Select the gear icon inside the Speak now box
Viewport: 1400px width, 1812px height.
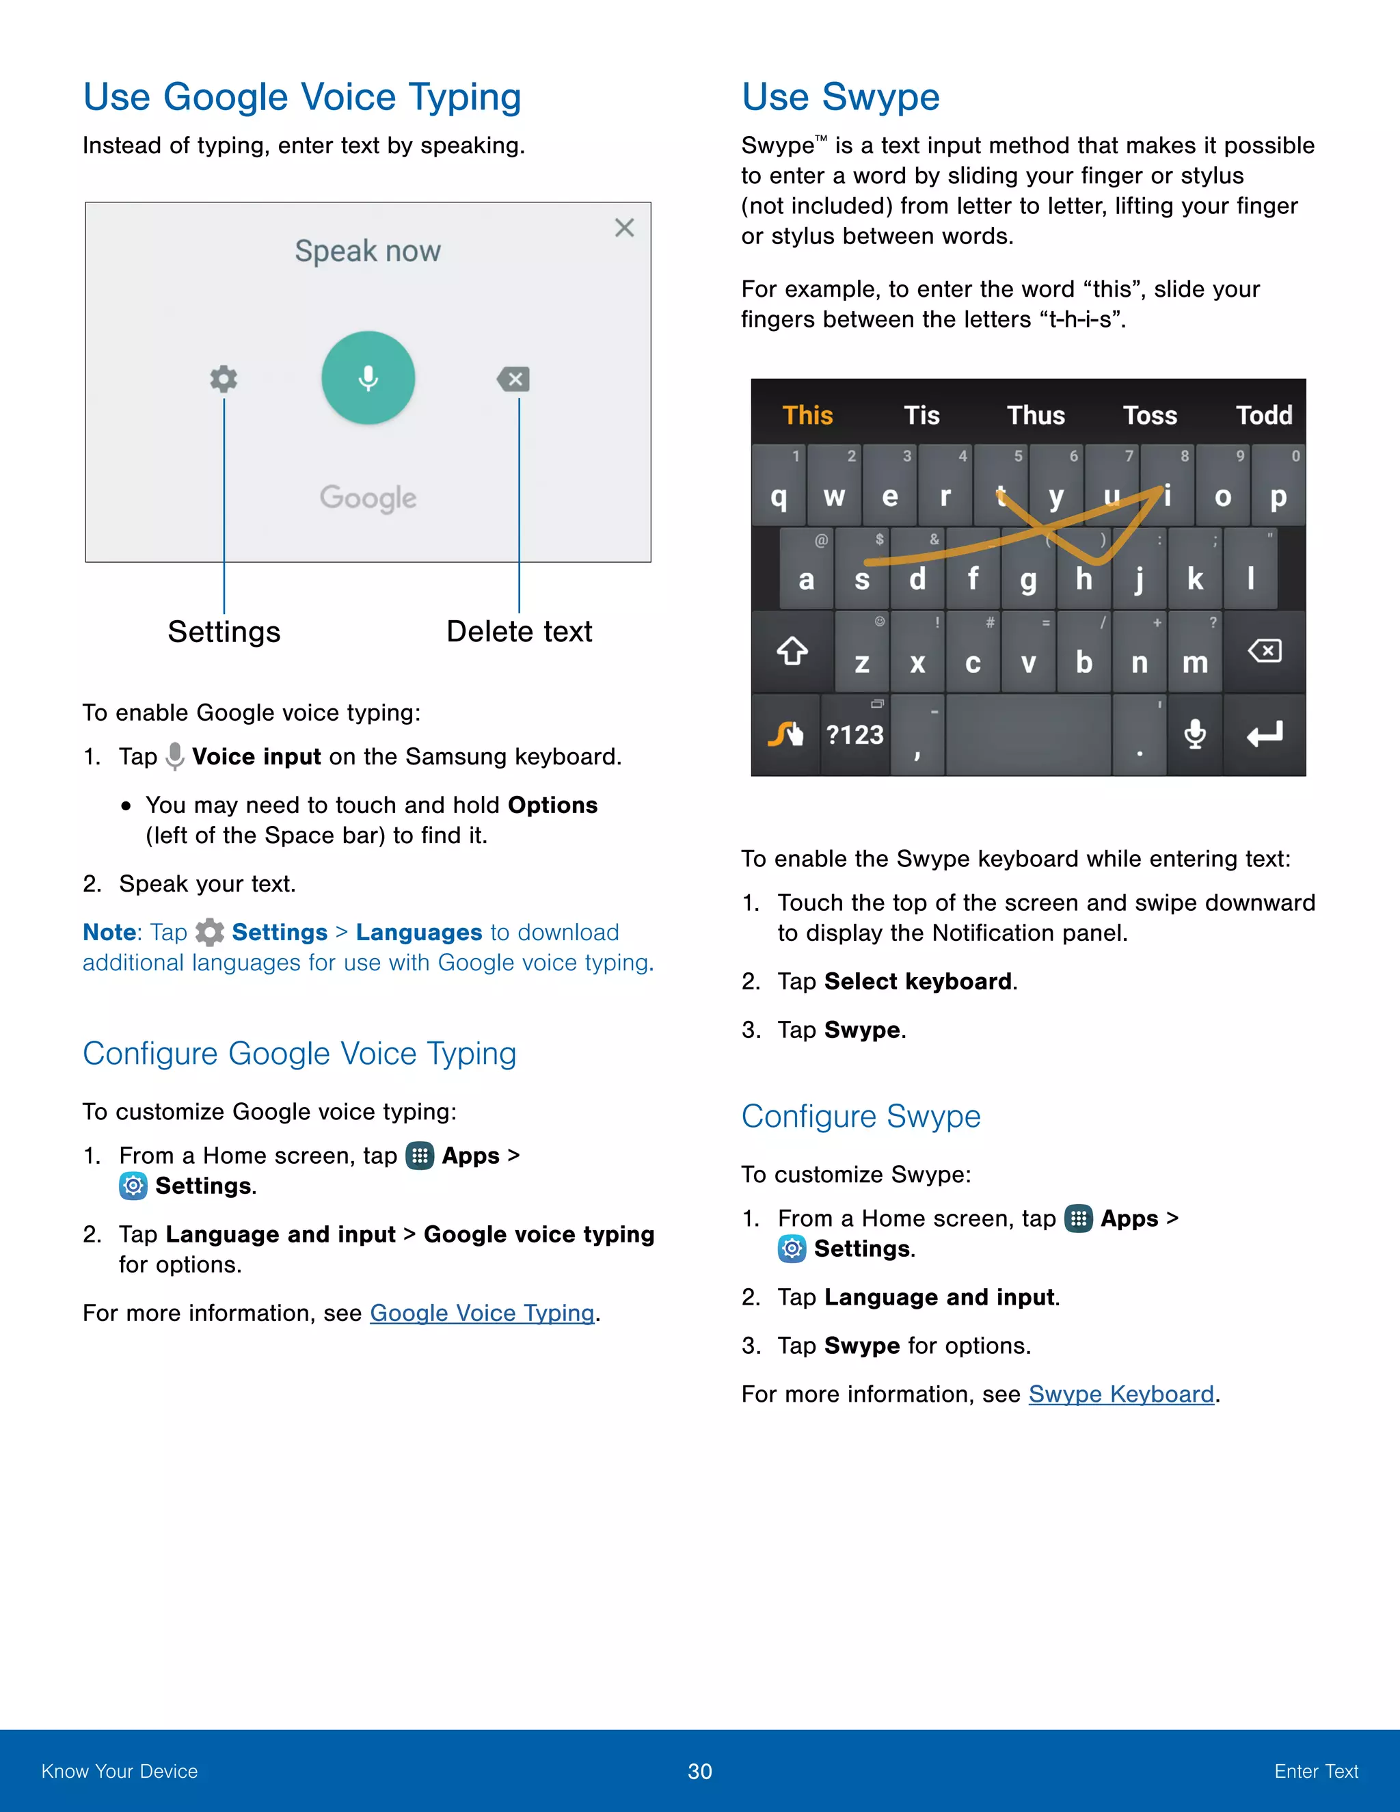pos(223,379)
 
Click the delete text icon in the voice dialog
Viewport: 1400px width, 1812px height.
pos(513,379)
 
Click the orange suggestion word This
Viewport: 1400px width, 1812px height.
pos(807,415)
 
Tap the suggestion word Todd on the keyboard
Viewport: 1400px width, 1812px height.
pos(1263,415)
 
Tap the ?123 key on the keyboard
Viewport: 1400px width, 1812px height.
pos(854,735)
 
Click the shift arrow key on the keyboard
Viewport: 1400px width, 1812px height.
pos(792,651)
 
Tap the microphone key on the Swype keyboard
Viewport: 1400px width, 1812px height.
pos(1194,734)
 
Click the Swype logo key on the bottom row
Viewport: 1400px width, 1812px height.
pos(785,734)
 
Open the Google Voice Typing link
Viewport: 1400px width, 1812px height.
pos(482,1313)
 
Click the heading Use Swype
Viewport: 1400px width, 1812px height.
pos(840,97)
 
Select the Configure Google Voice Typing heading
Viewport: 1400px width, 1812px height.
pos(299,1054)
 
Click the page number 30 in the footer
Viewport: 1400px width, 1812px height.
pos(699,1772)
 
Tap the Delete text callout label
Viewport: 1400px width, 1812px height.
pos(520,631)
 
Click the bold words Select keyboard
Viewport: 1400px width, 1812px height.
pos(917,981)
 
